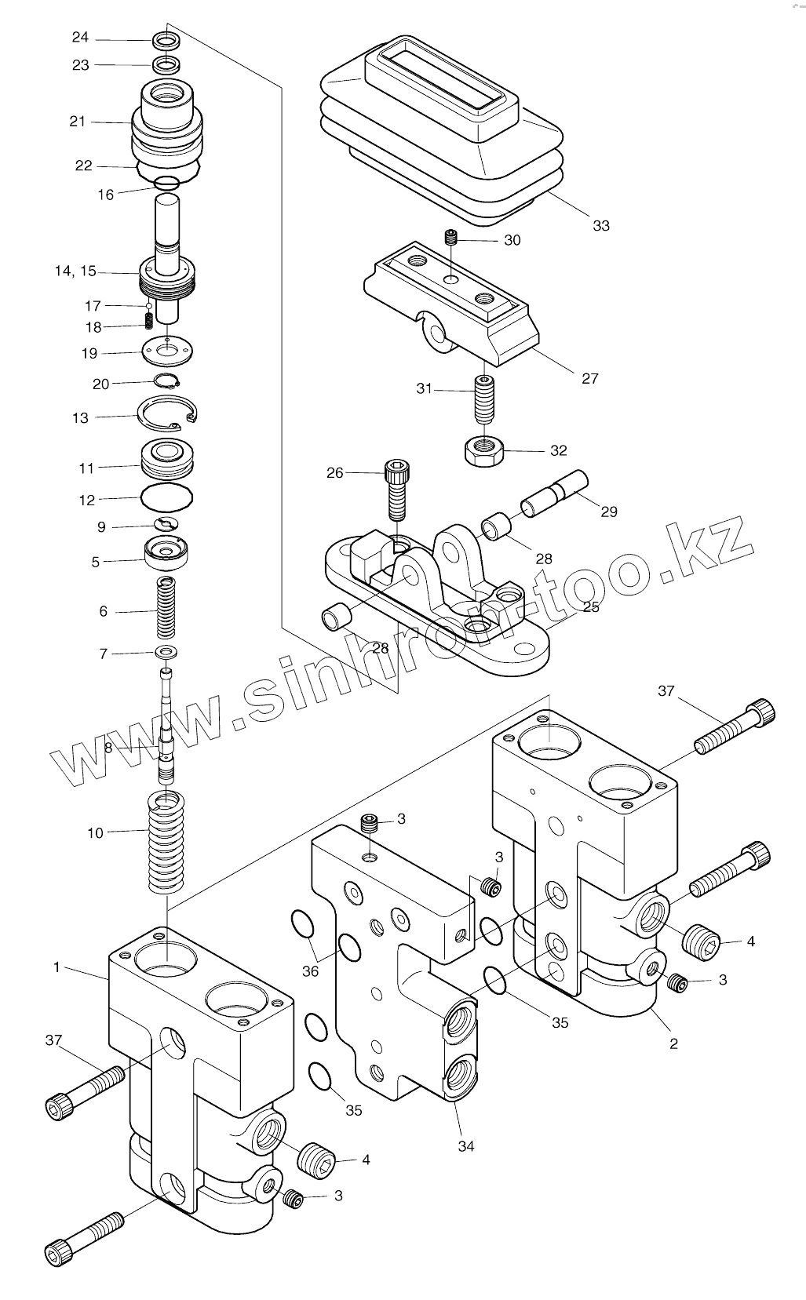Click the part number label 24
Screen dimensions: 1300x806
[x=81, y=38]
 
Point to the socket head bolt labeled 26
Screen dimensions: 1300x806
[x=396, y=490]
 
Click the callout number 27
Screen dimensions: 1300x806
[x=590, y=378]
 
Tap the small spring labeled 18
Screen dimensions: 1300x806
[x=149, y=321]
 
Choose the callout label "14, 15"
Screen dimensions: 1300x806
[x=75, y=271]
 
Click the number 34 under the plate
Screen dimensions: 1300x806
[x=466, y=1146]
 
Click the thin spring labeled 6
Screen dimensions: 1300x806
[x=166, y=607]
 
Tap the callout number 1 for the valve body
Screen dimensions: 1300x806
[x=57, y=967]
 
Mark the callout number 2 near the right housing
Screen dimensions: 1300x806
[x=673, y=1043]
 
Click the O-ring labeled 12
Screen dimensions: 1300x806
[x=166, y=497]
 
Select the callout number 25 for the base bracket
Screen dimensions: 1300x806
[x=591, y=606]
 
